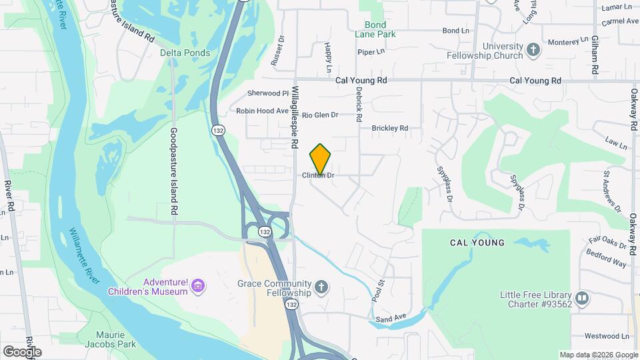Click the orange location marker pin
321,159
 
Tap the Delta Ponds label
185,53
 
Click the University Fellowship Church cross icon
533,49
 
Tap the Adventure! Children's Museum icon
197,287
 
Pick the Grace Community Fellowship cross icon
321,287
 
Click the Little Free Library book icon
582,298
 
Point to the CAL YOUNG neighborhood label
477,243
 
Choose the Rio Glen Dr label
320,115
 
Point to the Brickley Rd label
389,128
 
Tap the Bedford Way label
606,258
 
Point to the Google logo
22,351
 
